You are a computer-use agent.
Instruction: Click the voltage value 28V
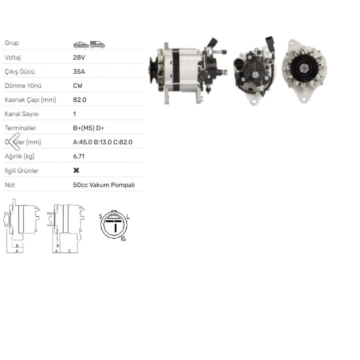pos(79,57)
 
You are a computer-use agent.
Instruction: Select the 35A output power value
pos(79,71)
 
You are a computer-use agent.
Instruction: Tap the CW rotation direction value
pos(78,86)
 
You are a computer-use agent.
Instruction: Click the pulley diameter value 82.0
pos(80,100)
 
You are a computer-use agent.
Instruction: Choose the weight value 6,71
pos(79,156)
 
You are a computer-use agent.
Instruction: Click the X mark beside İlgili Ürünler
pos(76,170)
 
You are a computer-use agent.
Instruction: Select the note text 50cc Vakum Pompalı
pos(104,185)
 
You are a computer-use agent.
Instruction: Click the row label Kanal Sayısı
pos(22,114)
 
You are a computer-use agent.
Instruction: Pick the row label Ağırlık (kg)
pos(19,156)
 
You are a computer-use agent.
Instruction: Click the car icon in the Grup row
pos(81,45)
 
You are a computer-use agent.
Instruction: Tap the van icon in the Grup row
pos(97,44)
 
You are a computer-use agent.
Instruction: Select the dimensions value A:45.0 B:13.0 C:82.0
pos(103,142)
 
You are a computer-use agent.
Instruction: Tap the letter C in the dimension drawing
pos(69,251)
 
